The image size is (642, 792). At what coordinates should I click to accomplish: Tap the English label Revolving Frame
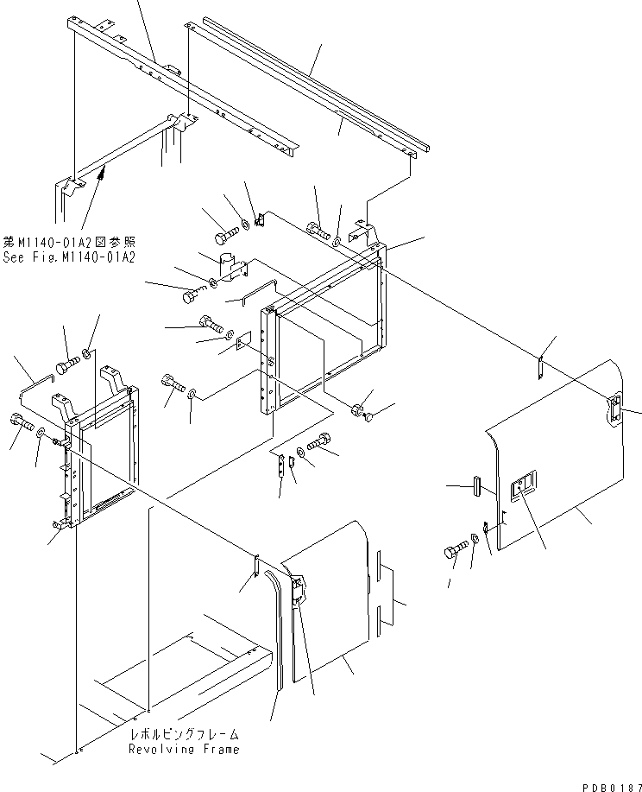click(x=184, y=749)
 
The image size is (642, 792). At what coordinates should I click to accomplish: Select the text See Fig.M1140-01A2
click(x=72, y=257)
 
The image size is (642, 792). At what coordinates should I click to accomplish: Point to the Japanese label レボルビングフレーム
click(x=184, y=734)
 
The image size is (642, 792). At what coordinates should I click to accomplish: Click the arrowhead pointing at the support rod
click(x=102, y=176)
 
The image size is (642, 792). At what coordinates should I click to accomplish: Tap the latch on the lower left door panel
click(x=297, y=590)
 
